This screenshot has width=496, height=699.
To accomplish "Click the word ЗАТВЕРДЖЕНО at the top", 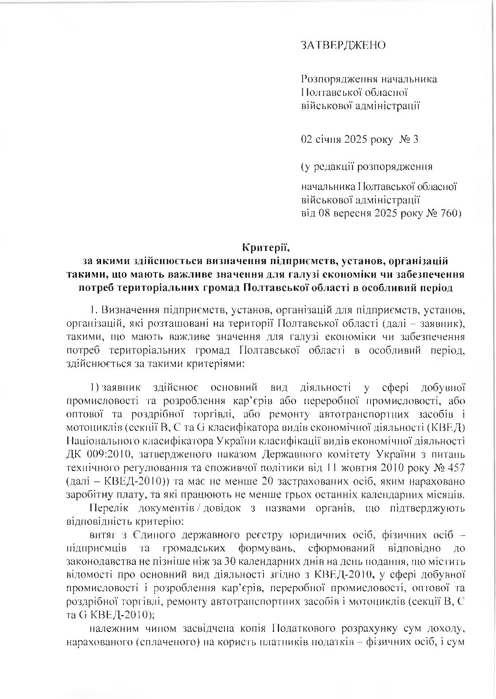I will [x=343, y=45].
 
